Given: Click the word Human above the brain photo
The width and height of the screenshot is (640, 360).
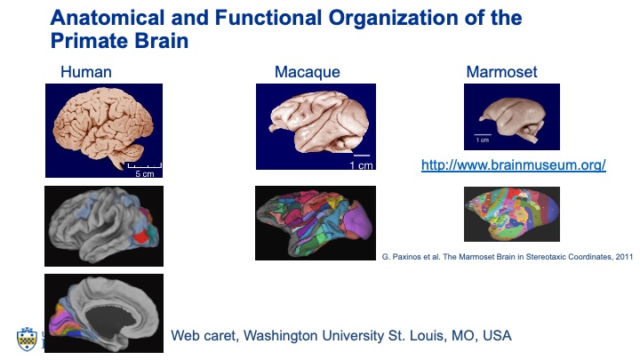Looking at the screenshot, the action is click(85, 72).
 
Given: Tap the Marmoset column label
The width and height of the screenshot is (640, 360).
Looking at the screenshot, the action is click(501, 72).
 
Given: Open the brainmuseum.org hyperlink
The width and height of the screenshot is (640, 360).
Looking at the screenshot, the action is click(513, 165).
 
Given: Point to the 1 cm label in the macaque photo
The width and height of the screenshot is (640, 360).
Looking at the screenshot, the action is click(361, 165).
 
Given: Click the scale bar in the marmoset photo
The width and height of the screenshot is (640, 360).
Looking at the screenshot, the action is click(483, 135).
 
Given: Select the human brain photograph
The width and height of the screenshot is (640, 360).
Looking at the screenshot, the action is click(103, 130).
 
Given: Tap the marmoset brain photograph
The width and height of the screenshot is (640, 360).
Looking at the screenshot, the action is click(511, 116).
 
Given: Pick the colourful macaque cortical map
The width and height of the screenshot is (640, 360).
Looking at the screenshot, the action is click(315, 222).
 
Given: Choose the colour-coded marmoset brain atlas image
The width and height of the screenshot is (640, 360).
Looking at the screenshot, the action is click(512, 214).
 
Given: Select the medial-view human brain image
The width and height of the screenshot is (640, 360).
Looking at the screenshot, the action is click(104, 313).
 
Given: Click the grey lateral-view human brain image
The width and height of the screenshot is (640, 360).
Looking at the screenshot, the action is click(104, 226).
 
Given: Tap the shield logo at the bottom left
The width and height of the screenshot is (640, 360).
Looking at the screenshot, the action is click(26, 338).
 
